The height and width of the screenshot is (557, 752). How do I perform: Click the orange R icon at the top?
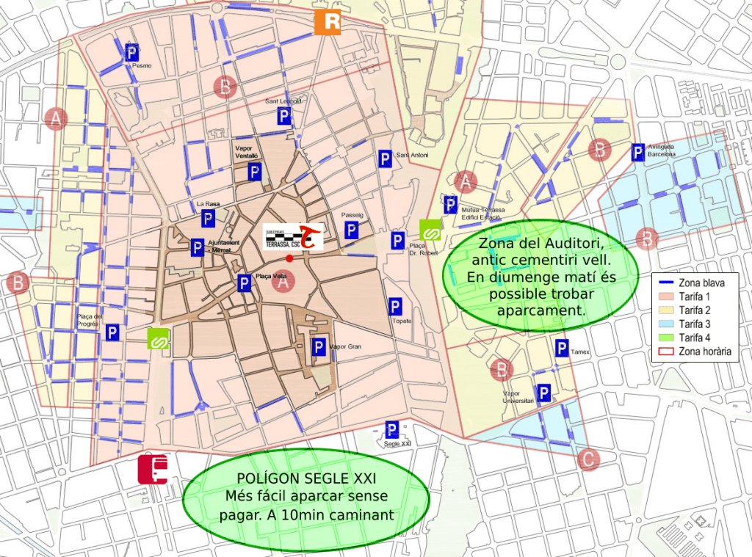(x=328, y=22)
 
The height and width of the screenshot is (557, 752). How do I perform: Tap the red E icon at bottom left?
(x=153, y=470)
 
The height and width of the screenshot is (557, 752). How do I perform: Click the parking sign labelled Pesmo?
(x=132, y=53)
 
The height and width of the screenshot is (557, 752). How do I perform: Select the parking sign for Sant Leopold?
(x=284, y=116)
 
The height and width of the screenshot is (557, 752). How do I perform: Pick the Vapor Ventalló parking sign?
(x=254, y=172)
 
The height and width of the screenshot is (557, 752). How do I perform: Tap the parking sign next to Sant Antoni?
(x=384, y=158)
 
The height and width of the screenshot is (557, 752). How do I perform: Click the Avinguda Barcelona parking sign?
(x=639, y=152)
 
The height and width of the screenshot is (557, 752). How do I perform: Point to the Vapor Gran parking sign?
(x=319, y=347)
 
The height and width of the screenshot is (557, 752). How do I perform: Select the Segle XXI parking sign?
(x=392, y=430)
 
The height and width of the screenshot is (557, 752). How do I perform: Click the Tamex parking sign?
(x=562, y=349)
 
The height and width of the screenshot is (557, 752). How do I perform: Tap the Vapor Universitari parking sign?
(x=544, y=394)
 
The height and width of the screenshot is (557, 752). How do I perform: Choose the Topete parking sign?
(x=395, y=307)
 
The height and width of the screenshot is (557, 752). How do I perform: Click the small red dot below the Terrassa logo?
(x=289, y=258)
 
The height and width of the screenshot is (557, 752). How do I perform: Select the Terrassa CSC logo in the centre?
(x=293, y=237)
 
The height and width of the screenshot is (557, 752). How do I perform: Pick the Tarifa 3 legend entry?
(x=693, y=324)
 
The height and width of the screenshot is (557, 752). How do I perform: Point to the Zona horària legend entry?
(x=693, y=351)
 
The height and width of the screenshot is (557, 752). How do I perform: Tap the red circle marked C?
(x=588, y=460)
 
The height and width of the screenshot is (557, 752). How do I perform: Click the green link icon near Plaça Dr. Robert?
(x=430, y=230)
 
